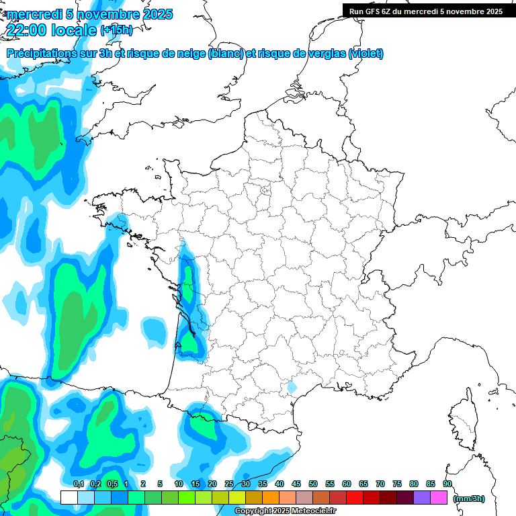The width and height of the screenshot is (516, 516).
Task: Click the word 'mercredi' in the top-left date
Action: (34, 14)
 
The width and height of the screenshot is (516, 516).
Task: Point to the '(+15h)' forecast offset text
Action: (116, 30)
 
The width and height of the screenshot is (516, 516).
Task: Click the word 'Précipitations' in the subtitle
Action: (46, 53)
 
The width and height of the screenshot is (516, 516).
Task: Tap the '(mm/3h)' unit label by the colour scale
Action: (468, 498)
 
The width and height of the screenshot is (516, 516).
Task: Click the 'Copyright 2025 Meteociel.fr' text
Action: (285, 511)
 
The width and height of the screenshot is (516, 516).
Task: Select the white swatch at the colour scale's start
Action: (69, 497)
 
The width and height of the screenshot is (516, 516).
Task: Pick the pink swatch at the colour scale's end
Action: (439, 497)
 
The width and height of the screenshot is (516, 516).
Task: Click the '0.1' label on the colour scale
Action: (78, 484)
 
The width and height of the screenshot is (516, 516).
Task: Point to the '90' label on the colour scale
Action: (447, 484)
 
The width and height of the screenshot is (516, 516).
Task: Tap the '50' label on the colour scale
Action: (313, 484)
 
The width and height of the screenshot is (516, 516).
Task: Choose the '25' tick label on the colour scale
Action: (229, 484)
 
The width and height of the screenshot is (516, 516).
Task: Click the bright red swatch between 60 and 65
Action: (355, 497)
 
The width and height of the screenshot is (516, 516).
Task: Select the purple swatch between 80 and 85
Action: (422, 497)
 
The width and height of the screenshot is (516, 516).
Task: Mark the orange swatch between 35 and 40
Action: (271, 497)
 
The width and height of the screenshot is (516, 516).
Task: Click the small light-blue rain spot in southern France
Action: (292, 387)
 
